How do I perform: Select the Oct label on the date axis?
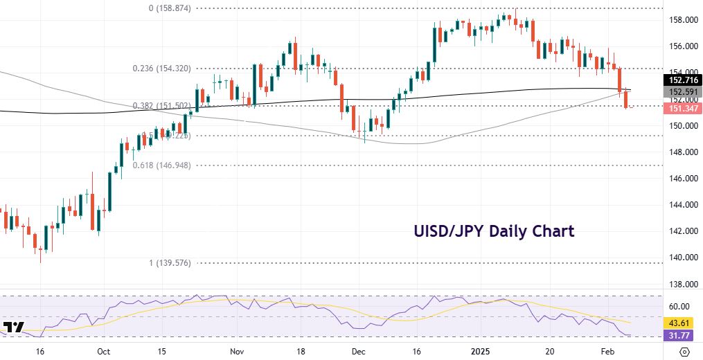pos(103,351)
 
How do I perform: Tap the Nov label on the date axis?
pos(236,351)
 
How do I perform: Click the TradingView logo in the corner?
pos(14,327)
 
